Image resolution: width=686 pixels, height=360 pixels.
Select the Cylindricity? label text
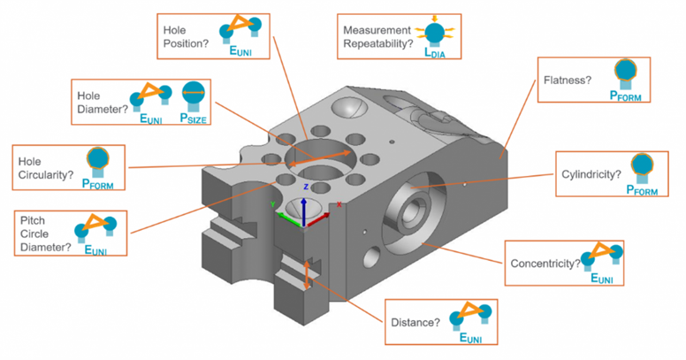591,172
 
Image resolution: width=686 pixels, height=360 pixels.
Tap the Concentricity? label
545,264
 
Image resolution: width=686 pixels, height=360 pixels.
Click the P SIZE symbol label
194,118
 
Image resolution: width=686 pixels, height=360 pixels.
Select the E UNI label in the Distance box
469,337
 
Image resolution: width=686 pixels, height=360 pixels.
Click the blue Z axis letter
305,188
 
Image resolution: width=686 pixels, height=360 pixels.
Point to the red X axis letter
339,205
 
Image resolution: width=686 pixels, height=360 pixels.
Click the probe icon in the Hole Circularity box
97,160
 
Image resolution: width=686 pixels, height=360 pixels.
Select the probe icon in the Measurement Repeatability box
434,32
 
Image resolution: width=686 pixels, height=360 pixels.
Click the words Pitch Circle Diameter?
45,233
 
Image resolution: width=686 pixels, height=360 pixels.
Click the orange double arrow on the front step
307,274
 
